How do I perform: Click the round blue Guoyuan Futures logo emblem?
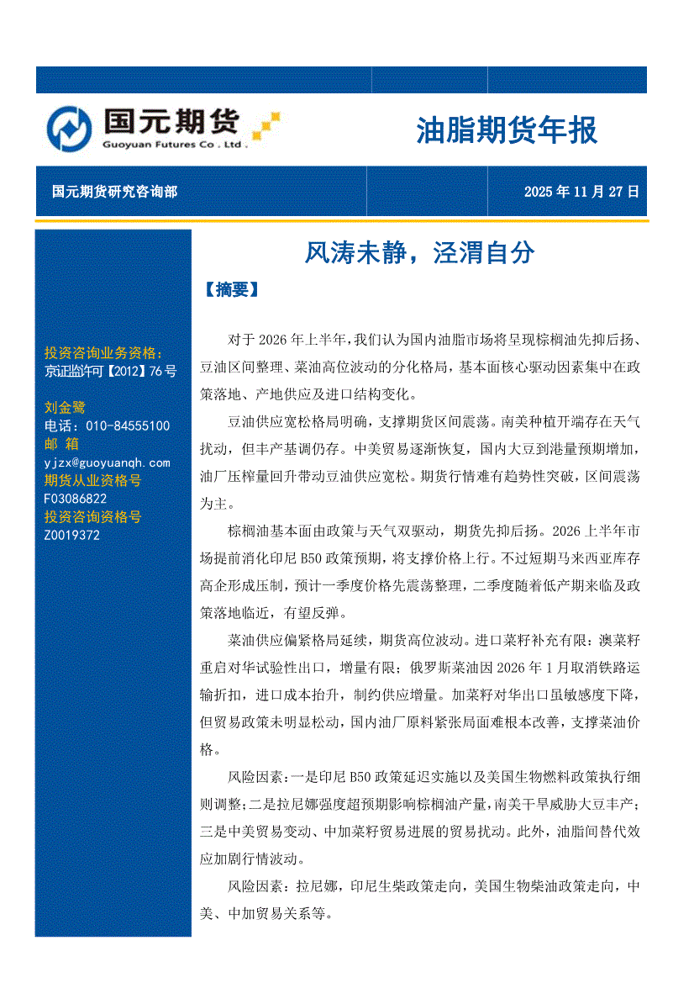[69, 129]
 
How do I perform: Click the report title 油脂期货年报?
[507, 131]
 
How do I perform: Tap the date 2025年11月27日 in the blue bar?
[581, 192]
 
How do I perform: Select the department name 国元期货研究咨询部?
[114, 192]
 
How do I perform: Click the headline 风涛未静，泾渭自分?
[419, 252]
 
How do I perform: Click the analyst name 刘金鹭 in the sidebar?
[65, 407]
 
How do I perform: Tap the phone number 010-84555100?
[123, 426]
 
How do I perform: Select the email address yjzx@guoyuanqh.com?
[107, 462]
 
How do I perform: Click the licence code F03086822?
[76, 499]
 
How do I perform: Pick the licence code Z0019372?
[72, 535]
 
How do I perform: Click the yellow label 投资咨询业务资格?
[103, 352]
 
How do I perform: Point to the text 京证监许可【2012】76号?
[110, 371]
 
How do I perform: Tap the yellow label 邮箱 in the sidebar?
[61, 444]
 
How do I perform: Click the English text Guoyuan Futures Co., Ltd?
[175, 145]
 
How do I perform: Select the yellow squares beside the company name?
[266, 125]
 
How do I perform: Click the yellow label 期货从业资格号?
[92, 481]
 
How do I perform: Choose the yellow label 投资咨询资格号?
[92, 516]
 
